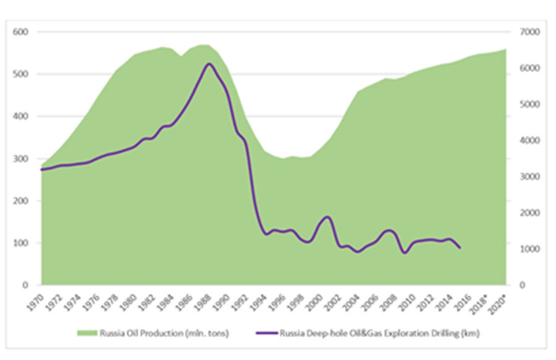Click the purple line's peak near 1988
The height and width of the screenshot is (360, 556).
[209, 64]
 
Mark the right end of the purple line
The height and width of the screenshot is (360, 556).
[460, 248]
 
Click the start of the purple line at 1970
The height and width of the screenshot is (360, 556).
[41, 169]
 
